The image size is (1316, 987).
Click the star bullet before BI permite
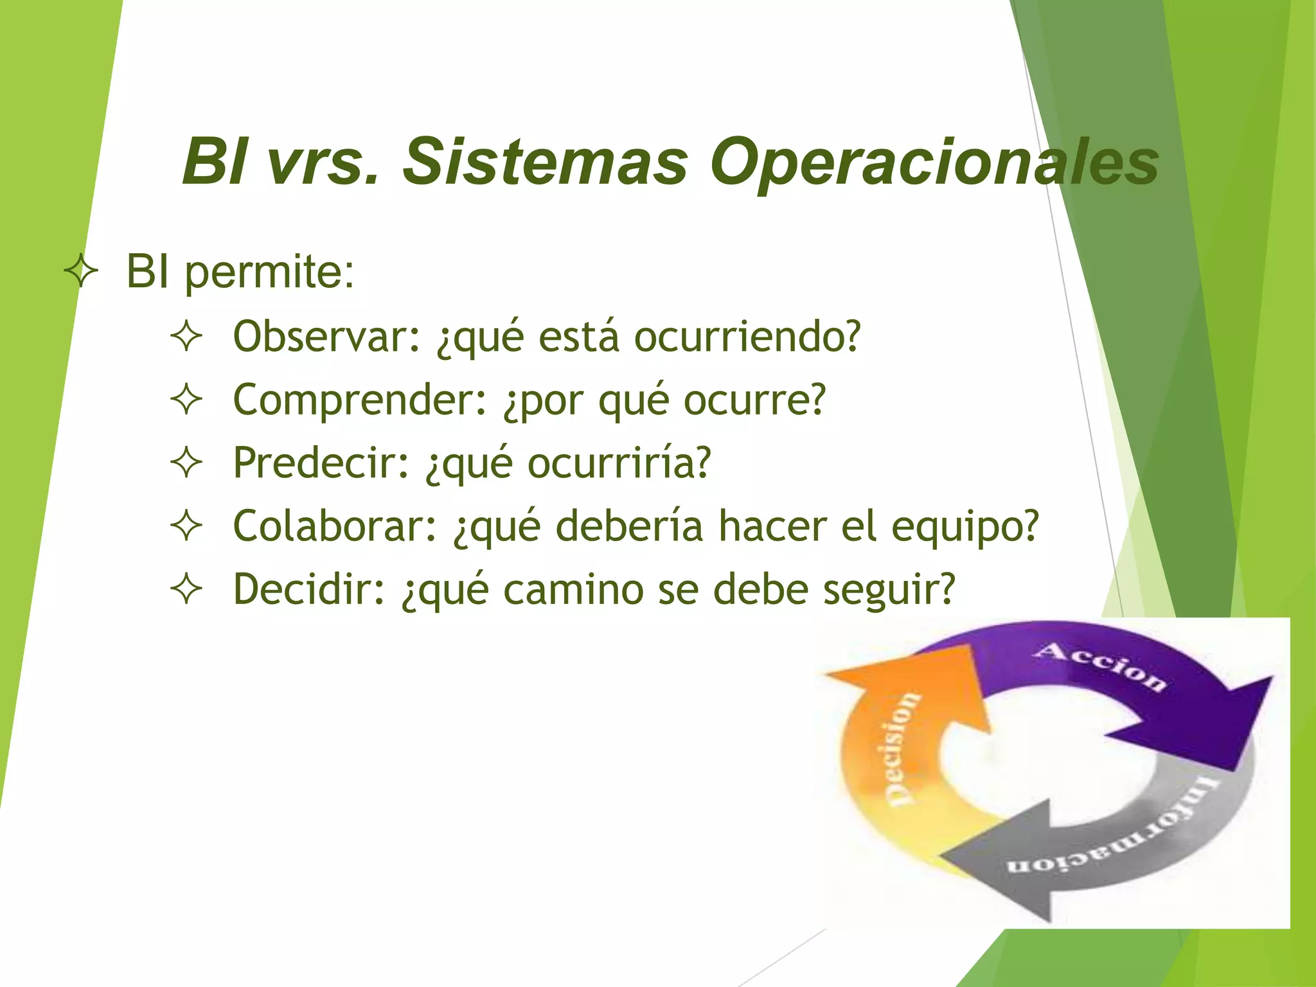(82, 272)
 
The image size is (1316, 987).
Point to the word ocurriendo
(746, 336)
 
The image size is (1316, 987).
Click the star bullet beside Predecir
(186, 463)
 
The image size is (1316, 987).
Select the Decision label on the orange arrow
(903, 749)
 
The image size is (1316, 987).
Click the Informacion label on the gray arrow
(1118, 835)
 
